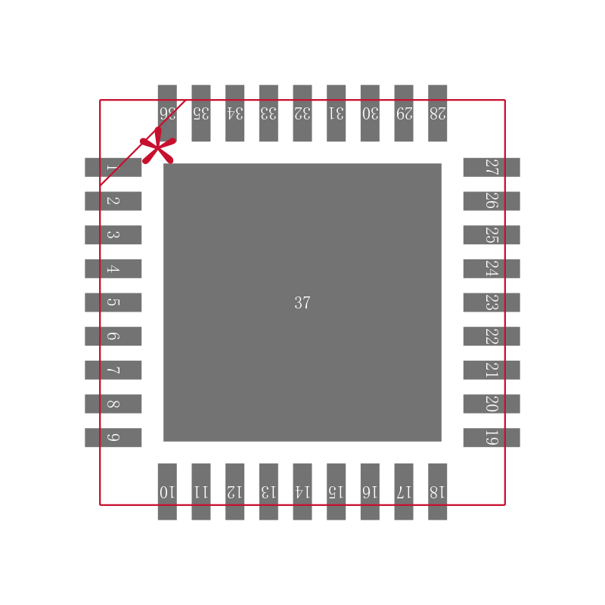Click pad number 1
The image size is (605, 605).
coord(113,167)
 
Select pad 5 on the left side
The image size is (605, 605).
coord(113,302)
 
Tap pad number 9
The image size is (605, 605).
coord(113,438)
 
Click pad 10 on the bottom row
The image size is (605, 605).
coord(167,492)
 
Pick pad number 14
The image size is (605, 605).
coord(302,492)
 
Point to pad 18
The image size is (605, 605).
coord(437,492)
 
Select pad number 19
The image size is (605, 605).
coord(492,438)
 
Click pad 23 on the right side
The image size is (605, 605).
coord(492,302)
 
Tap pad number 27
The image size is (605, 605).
coord(492,167)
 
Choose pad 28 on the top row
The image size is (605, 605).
coord(437,113)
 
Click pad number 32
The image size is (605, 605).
coord(302,113)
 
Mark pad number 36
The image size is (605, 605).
coord(167,113)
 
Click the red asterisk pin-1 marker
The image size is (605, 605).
coord(157,147)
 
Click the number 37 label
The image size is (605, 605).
coord(302,303)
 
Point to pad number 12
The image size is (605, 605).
coord(234,492)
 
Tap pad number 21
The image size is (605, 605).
coord(492,370)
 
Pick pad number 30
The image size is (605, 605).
coord(370,113)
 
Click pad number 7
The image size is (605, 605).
coord(113,370)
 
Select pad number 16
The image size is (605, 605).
coord(370,492)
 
